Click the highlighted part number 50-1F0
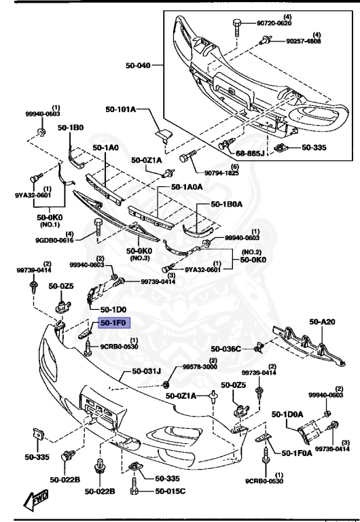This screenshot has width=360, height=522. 115,324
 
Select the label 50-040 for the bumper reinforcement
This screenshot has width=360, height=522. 139,66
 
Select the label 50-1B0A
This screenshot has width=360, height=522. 228,203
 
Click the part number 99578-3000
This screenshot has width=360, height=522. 200,367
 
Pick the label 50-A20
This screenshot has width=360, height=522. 324,322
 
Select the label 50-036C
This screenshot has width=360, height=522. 226,349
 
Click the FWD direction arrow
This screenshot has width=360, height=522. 34,502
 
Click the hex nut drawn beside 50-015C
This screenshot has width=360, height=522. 135,489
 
